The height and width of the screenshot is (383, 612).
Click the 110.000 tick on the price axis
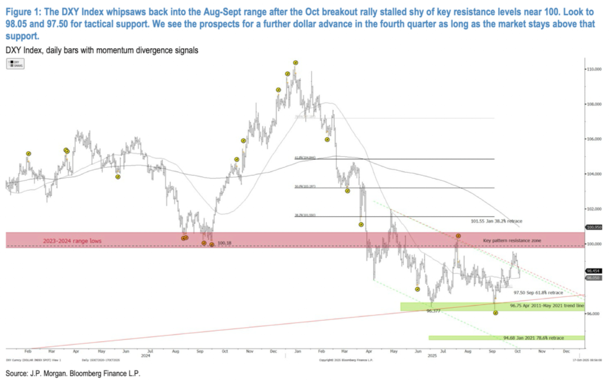pyautogui.click(x=594, y=69)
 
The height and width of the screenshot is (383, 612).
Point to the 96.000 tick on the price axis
pyautogui.click(x=593, y=314)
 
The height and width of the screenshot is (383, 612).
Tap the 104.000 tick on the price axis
pyautogui.click(x=594, y=174)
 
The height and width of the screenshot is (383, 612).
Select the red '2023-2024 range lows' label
pyautogui.click(x=73, y=241)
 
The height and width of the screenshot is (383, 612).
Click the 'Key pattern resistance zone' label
pyautogui.click(x=512, y=241)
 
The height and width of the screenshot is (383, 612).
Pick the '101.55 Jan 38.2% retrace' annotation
pyautogui.click(x=496, y=221)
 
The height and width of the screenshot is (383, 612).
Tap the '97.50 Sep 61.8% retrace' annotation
pyautogui.click(x=539, y=292)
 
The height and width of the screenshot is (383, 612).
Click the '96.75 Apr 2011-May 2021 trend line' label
pyautogui.click(x=546, y=305)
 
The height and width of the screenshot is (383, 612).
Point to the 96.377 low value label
pyautogui.click(x=433, y=311)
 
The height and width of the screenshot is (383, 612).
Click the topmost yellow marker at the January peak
pyautogui.click(x=295, y=63)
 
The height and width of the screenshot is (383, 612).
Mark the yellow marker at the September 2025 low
pyautogui.click(x=496, y=313)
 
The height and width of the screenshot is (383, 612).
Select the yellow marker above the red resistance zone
pyautogui.click(x=458, y=236)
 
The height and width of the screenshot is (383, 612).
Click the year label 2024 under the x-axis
pyautogui.click(x=146, y=356)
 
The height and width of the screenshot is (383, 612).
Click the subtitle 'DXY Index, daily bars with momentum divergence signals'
pyautogui.click(x=101, y=51)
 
